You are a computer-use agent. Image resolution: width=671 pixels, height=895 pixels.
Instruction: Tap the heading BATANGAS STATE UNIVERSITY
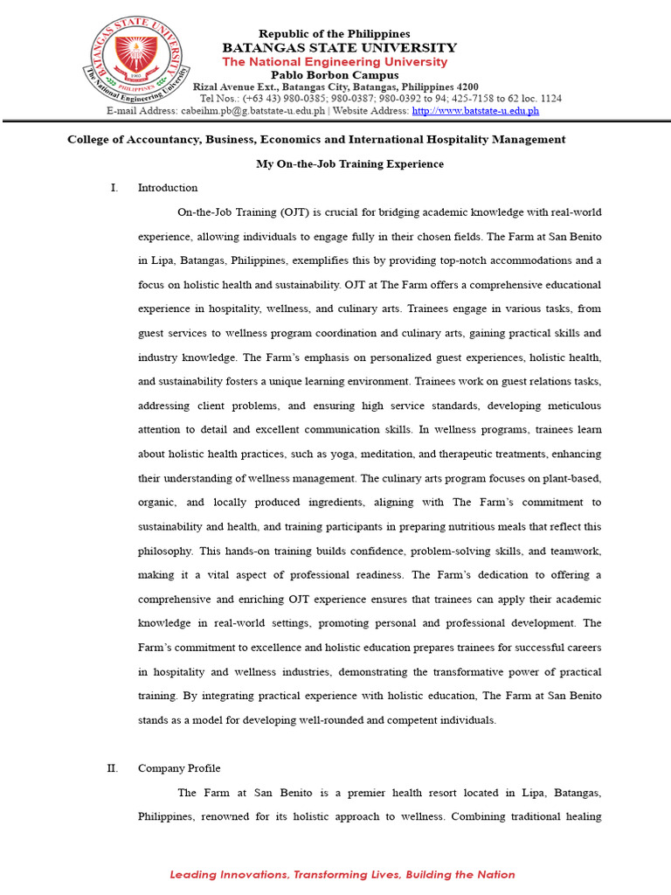click(x=339, y=47)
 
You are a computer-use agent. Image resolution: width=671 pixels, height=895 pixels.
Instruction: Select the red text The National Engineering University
click(x=335, y=62)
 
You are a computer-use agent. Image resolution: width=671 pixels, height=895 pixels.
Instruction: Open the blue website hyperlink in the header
click(x=475, y=111)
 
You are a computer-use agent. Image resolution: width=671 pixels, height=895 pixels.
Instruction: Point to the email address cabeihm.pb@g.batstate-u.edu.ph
click(x=252, y=111)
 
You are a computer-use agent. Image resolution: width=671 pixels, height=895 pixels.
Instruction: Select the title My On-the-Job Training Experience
click(x=349, y=163)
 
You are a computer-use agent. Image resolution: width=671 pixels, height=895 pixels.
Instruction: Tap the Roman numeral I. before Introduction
click(x=114, y=188)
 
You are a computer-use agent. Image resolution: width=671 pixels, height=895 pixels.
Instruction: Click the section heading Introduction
click(x=168, y=188)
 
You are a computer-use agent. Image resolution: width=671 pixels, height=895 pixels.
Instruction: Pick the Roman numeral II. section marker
click(x=112, y=768)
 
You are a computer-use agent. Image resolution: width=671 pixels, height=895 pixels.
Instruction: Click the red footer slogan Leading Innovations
click(x=229, y=874)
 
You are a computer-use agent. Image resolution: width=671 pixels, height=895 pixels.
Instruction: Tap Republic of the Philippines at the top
click(x=334, y=33)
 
